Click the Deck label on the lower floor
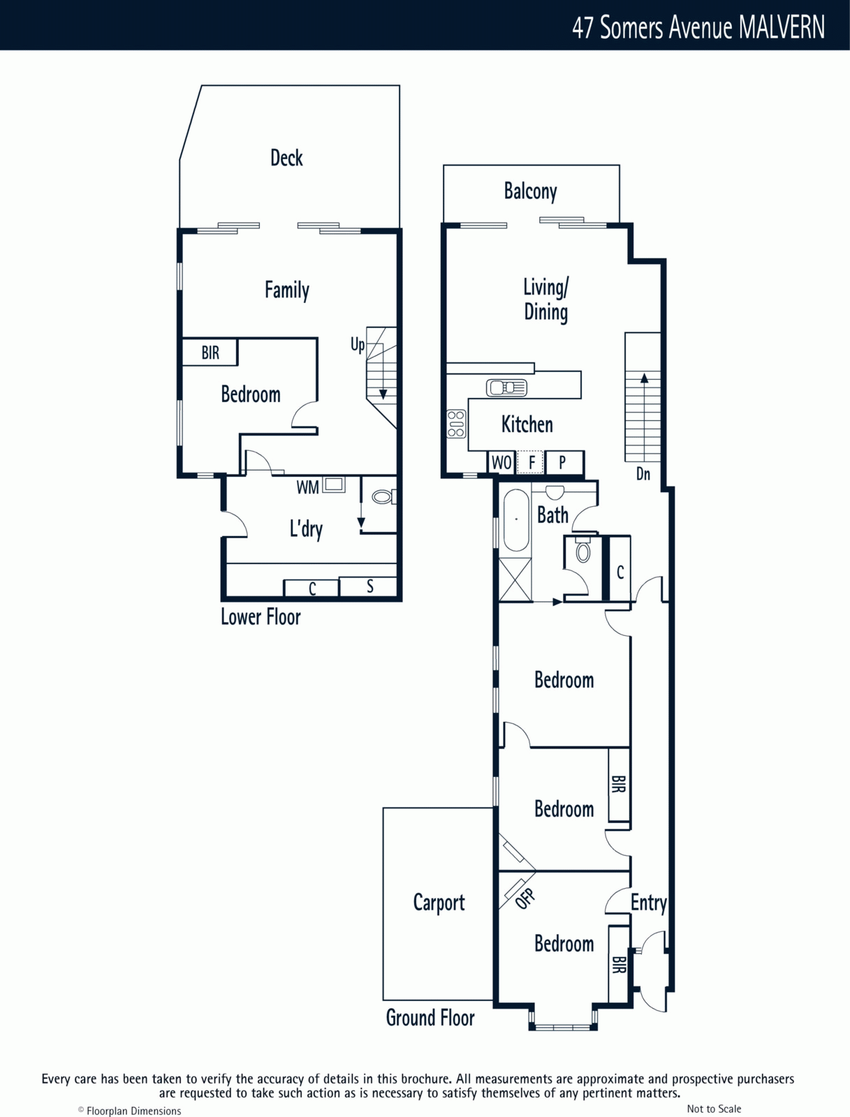(x=286, y=158)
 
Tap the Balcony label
(x=530, y=192)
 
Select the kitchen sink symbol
(x=506, y=387)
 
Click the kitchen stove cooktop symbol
(x=456, y=424)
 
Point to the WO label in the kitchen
(x=501, y=463)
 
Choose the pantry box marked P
(x=564, y=462)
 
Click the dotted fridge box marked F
(x=531, y=462)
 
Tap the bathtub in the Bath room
(x=516, y=521)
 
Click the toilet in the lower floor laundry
(x=383, y=496)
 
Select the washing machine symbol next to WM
(x=333, y=484)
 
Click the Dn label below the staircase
(x=643, y=474)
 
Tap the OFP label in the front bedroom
(x=525, y=898)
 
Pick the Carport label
(x=439, y=903)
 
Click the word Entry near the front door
(x=648, y=903)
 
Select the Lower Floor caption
(x=261, y=616)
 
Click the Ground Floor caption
(x=430, y=1018)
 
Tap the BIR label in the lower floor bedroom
(x=210, y=352)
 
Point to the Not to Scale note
(x=714, y=1105)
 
